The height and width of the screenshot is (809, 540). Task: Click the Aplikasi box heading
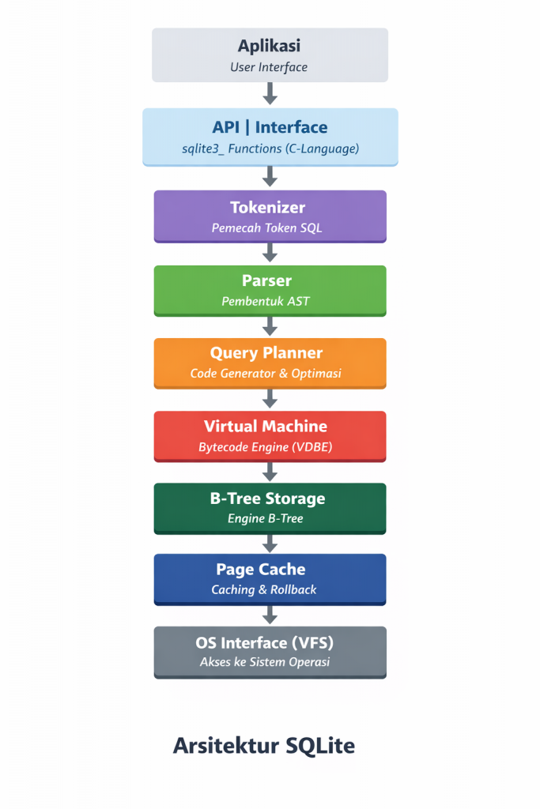[270, 46]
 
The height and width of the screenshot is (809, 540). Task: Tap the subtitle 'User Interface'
[269, 67]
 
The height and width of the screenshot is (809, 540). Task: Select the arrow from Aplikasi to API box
[270, 94]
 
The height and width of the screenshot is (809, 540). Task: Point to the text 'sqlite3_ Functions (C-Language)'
[270, 149]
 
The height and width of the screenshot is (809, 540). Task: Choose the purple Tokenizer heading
[267, 208]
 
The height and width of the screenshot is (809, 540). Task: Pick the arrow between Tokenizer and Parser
[270, 253]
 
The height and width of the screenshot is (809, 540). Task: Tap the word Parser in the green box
[266, 280]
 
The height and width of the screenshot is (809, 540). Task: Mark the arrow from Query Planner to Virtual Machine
[270, 398]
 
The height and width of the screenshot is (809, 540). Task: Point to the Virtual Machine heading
[265, 426]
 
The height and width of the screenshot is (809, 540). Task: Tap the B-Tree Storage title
[267, 499]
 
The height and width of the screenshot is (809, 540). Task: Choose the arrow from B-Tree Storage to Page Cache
[270, 544]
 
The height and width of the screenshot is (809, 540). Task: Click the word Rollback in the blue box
[294, 590]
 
